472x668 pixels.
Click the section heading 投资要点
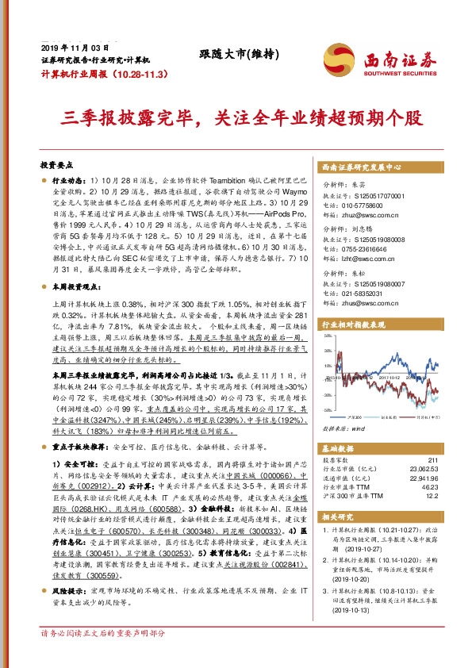[x=56, y=165]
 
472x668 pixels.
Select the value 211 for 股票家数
[x=432, y=460]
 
